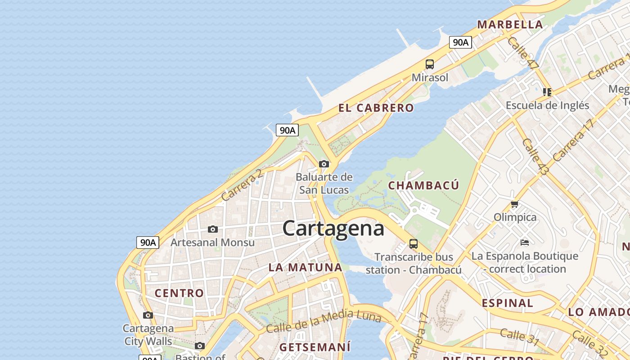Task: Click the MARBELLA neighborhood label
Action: (510, 25)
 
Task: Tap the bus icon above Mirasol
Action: (430, 64)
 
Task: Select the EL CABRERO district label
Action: (376, 108)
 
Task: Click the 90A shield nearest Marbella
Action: (460, 42)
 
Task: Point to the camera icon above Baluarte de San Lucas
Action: (324, 164)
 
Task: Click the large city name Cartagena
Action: (333, 228)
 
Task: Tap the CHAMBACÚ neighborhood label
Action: (423, 185)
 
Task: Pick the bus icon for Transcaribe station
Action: (414, 244)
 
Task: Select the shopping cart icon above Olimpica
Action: (515, 204)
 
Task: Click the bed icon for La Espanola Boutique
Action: (524, 243)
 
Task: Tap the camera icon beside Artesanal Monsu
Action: (213, 229)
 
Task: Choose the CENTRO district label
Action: (179, 293)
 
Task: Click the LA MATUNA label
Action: (305, 267)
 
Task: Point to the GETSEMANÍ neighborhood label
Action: (315, 347)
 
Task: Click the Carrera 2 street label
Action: (242, 185)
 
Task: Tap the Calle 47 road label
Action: (522, 53)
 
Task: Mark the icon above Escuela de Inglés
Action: (547, 92)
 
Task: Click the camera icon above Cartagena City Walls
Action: (148, 315)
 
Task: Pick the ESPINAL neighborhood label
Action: (507, 303)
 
